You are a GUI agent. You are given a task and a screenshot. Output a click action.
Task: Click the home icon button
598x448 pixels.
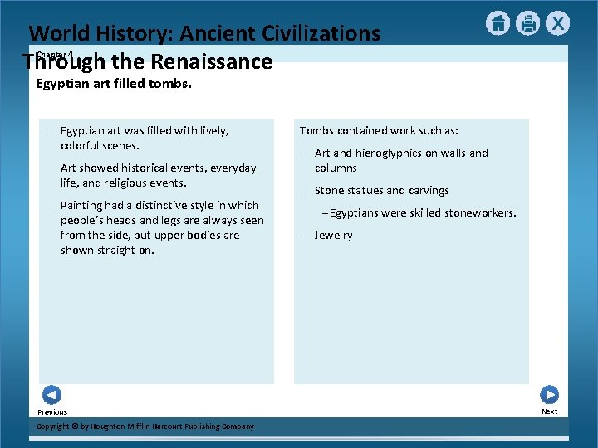pos(498,23)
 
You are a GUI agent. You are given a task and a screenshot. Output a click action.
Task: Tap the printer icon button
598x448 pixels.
pos(527,23)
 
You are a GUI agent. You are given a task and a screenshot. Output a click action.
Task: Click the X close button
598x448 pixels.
pos(558,23)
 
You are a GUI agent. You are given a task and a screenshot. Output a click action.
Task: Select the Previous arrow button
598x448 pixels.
pos(51,395)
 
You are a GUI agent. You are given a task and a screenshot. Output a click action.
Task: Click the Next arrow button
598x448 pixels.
pos(549,395)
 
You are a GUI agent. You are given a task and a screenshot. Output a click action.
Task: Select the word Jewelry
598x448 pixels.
pos(333,236)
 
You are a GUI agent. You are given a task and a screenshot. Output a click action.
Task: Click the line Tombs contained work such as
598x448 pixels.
pos(379,130)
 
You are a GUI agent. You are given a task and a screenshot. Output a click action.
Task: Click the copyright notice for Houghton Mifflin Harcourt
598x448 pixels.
pos(146,426)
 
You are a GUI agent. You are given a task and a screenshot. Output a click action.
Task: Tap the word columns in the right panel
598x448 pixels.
pos(336,168)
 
